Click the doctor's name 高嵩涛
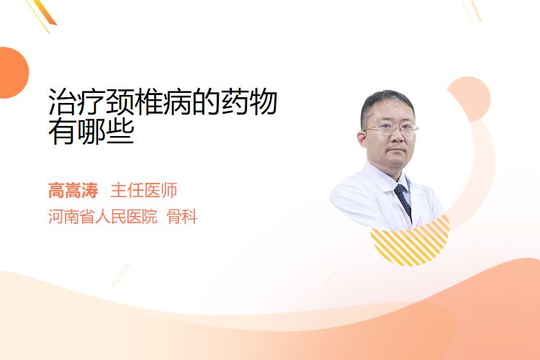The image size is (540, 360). tap(73, 191)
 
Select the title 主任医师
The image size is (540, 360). tap(144, 191)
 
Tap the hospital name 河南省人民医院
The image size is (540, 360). tap(103, 217)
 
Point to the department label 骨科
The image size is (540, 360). tap(182, 217)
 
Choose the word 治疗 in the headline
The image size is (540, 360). tap(76, 102)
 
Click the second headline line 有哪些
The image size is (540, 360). tap(91, 132)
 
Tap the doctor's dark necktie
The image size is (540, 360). tap(403, 201)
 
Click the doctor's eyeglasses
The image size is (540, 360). tap(391, 130)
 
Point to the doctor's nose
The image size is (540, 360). tap(397, 137)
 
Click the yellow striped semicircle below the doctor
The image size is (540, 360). tap(412, 243)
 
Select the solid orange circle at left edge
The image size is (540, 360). tap(13, 73)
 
